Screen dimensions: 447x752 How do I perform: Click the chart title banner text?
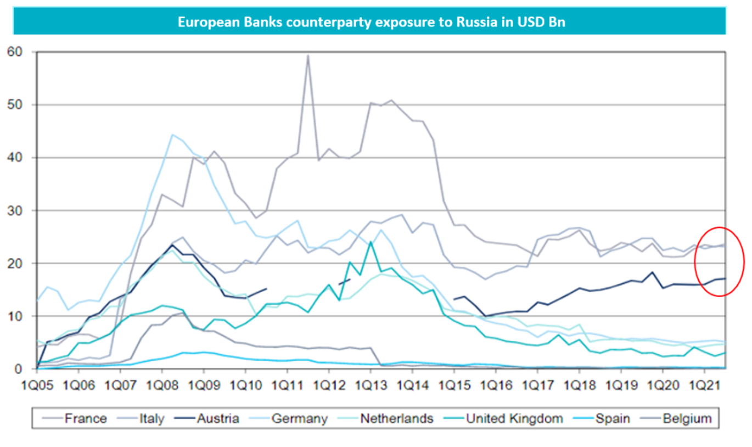pos(371,23)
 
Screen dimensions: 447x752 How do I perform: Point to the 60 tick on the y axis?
pos(17,52)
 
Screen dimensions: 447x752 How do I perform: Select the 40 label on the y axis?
pos(17,158)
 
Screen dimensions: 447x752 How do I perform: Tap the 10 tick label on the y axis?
pos(17,316)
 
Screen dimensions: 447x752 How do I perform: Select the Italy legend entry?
pos(151,418)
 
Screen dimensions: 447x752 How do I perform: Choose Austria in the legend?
pos(218,418)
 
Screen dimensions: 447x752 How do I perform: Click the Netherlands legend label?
pos(396,418)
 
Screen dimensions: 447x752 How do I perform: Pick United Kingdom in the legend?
pos(514,418)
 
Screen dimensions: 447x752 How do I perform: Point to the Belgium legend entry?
pos(686,418)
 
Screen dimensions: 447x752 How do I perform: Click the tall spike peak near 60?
pos(307,55)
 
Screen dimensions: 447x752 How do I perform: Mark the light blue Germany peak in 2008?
pos(172,135)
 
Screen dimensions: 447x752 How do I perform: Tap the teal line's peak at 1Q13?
pos(371,242)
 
